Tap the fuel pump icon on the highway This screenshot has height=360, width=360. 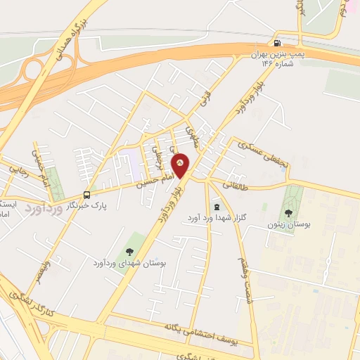click(282, 41)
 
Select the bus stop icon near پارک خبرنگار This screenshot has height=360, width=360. click(86, 195)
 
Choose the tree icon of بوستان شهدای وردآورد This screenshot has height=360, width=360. click(129, 251)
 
